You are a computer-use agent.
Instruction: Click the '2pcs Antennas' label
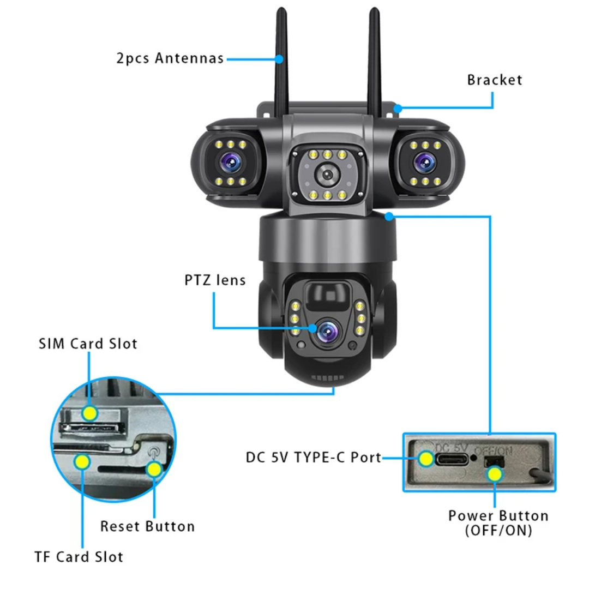[x=170, y=58]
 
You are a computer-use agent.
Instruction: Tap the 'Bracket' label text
[x=494, y=80]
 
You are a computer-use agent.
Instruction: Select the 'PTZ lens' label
[x=214, y=280]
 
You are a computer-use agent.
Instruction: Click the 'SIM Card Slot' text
[x=88, y=344]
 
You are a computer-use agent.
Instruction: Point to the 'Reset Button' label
[x=147, y=526]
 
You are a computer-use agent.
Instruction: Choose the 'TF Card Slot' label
[x=79, y=557]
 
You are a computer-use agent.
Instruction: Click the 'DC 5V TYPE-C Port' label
[x=313, y=458]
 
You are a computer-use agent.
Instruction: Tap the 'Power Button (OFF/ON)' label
[x=498, y=522]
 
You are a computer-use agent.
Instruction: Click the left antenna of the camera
[x=282, y=60]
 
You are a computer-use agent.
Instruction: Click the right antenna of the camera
[x=375, y=60]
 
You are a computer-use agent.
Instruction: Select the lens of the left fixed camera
[x=228, y=162]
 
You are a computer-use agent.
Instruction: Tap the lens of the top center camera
[x=327, y=175]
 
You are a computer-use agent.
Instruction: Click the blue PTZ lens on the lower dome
[x=327, y=329]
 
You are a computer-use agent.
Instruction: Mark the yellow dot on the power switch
[x=494, y=473]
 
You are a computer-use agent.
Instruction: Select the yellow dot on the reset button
[x=155, y=469]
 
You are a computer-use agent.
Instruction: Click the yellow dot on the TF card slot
[x=82, y=462]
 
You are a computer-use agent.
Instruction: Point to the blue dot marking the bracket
[x=398, y=108]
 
